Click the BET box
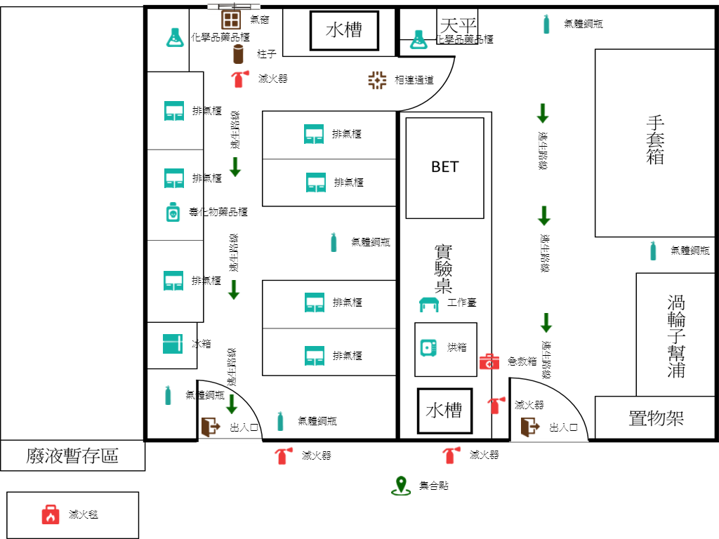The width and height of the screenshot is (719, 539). [444, 167]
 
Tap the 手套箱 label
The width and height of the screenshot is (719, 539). [655, 140]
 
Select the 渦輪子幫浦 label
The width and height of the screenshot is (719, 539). [675, 336]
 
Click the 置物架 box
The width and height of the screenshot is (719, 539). [656, 419]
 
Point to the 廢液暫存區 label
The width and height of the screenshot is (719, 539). [72, 456]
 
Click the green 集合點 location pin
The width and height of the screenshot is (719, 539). [400, 485]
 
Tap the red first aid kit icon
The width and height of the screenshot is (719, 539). [489, 361]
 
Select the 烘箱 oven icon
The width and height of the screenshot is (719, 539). [428, 347]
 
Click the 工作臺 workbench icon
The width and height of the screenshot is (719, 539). [428, 304]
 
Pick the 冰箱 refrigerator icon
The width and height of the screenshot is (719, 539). [172, 344]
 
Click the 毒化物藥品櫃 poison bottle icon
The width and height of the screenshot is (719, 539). [173, 211]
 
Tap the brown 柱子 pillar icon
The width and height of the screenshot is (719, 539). [238, 53]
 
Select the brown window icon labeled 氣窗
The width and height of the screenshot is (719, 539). [231, 19]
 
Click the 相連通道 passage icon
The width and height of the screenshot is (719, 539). [377, 80]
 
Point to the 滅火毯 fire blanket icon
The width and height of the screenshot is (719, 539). [51, 514]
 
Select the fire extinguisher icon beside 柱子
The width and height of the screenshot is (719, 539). [239, 79]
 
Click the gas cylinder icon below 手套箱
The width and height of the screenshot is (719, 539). [653, 251]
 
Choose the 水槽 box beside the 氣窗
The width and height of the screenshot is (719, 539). [344, 30]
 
